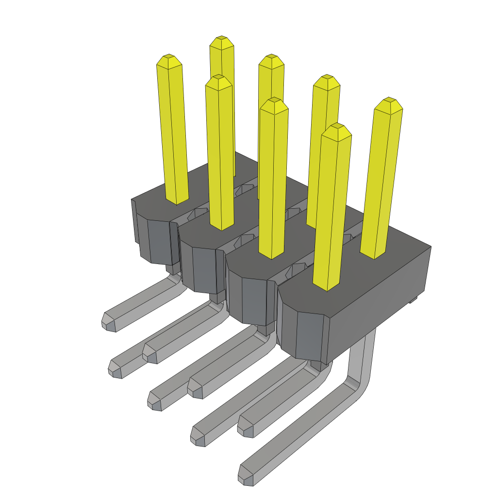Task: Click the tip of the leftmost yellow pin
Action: [169, 60]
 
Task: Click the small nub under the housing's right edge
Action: [414, 300]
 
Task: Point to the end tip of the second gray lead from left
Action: [116, 369]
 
